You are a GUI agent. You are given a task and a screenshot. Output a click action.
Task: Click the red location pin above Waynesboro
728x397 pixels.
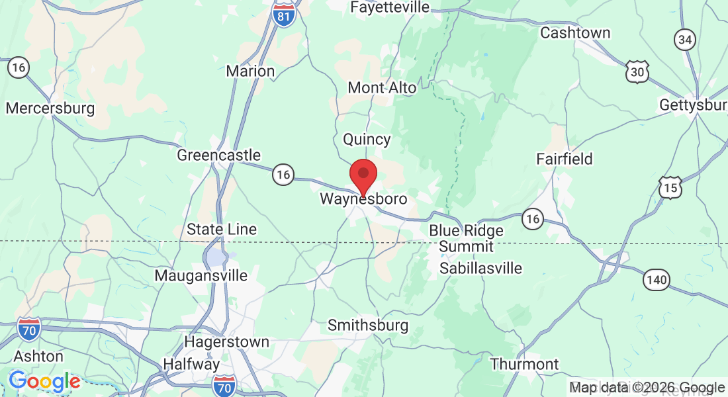pos(363,175)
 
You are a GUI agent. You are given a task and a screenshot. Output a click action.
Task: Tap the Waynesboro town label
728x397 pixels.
pos(363,198)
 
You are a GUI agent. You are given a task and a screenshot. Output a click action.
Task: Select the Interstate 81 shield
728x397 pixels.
pos(283,15)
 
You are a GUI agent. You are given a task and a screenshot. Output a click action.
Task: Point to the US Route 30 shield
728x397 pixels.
pos(637,72)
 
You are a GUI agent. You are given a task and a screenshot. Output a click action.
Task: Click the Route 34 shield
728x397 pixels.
pos(685,40)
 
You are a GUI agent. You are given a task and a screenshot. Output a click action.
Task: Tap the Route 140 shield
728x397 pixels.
pos(657,280)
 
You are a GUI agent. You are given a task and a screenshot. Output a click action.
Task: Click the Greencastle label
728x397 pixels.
pos(219,156)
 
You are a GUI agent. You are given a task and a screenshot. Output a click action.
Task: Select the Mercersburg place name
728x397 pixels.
pos(50,108)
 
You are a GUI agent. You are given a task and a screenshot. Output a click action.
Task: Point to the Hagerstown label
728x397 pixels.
pos(227,342)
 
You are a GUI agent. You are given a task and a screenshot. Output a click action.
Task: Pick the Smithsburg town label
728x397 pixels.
pos(368,326)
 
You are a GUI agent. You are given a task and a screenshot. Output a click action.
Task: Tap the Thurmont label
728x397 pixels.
pos(525,364)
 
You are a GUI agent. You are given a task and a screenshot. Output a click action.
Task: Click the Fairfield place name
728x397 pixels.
pos(565,159)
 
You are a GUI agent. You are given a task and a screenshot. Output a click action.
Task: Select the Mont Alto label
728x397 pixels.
pos(382,87)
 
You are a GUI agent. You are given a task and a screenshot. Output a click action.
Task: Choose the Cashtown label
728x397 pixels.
pos(575,32)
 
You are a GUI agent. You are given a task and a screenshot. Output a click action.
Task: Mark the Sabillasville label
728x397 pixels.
pos(481,268)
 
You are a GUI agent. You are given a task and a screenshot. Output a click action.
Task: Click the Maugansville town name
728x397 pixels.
pos(201,275)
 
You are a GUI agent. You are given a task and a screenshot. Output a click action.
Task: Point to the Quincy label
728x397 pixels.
pos(367,140)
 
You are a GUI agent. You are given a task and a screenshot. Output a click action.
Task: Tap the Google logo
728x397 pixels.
pos(44,382)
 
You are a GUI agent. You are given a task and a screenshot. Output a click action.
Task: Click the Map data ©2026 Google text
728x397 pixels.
pos(647,388)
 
